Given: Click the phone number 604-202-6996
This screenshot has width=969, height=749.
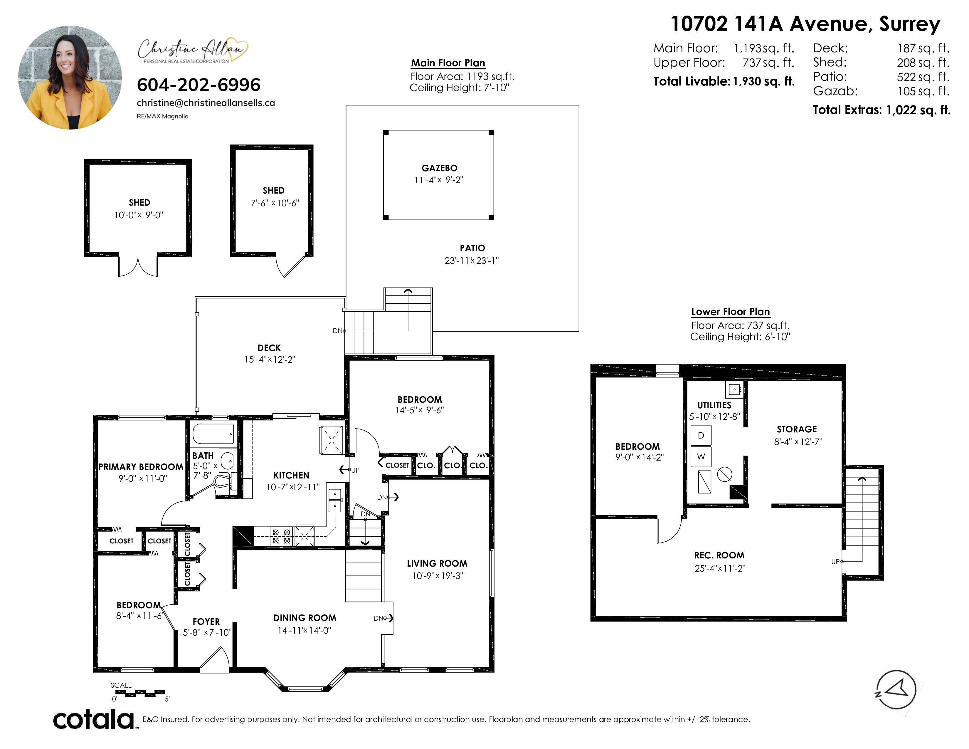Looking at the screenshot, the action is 198,85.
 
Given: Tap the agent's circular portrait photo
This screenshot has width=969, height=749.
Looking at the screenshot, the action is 70,78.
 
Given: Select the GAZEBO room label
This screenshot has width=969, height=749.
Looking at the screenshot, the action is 439,168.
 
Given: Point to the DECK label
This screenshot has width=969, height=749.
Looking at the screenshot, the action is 269,348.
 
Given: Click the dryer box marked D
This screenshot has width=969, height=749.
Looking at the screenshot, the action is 701,435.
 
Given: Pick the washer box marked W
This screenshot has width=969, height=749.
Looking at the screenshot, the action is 701,456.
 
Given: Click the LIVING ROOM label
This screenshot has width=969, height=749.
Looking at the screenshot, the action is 437,564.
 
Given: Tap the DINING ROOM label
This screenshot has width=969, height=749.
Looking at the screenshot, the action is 305,618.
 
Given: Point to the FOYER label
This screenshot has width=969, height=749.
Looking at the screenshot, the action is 206,622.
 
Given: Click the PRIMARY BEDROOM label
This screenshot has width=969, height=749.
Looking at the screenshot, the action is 141,467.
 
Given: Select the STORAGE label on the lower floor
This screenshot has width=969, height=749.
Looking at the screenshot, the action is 797,429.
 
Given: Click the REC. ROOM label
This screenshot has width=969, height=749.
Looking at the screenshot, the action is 719,555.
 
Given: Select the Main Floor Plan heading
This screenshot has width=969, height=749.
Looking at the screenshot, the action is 448,63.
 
